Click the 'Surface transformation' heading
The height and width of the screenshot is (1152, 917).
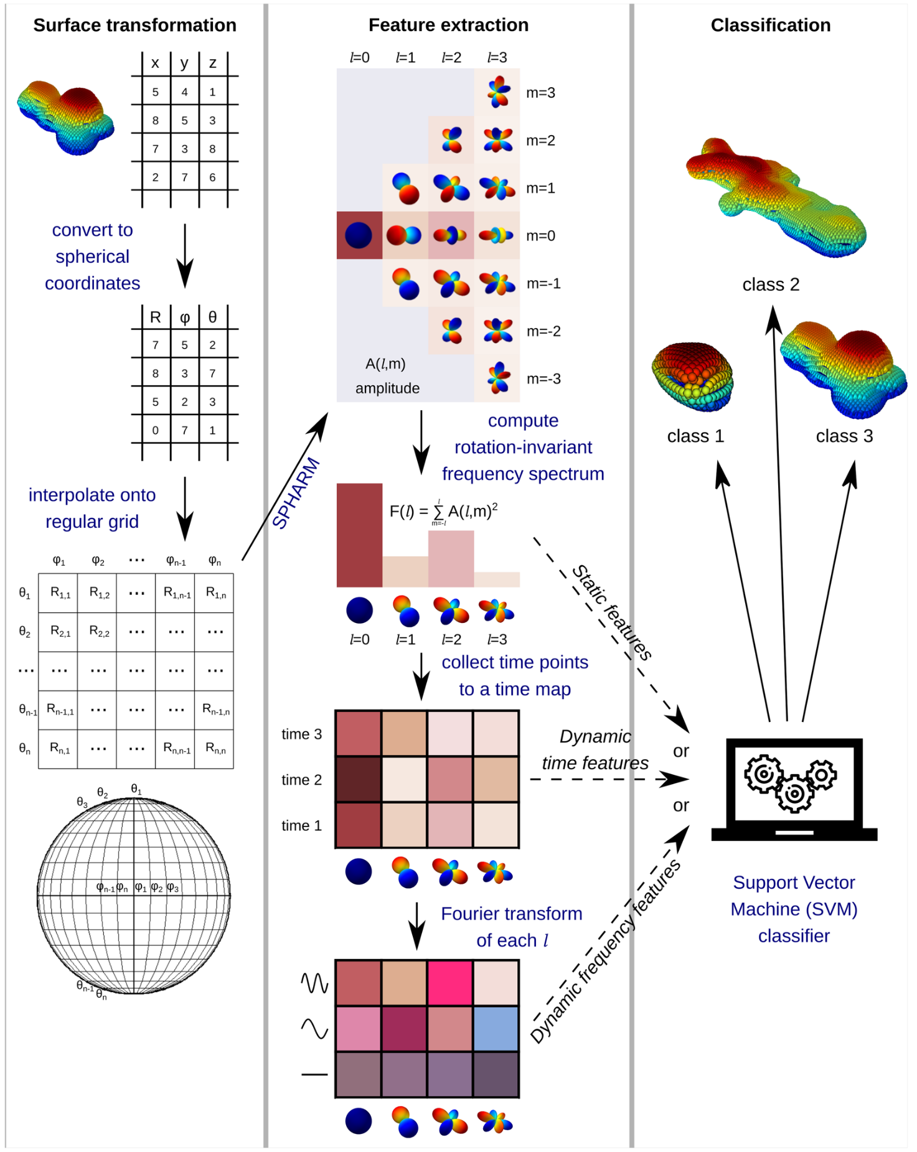click(x=134, y=25)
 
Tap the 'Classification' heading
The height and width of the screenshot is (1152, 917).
click(x=770, y=25)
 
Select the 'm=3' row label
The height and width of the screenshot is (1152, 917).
click(x=540, y=93)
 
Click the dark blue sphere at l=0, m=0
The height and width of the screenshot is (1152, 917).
click(x=359, y=235)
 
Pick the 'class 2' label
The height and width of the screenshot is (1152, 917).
click(x=770, y=284)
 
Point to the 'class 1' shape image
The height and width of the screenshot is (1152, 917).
click(x=692, y=376)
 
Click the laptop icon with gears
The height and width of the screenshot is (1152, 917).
click(x=794, y=789)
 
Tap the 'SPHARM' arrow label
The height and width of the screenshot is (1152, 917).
click(x=296, y=493)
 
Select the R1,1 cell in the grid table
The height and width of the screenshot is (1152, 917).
click(x=60, y=593)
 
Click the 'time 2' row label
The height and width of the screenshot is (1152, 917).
click(x=301, y=780)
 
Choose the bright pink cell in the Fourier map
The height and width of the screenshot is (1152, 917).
click(x=449, y=983)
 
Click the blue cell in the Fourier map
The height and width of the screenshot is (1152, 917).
click(x=496, y=1029)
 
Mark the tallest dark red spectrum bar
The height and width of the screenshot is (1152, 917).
click(x=359, y=535)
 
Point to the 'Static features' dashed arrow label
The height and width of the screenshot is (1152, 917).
click(x=611, y=612)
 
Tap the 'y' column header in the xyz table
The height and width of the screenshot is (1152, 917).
click(x=184, y=63)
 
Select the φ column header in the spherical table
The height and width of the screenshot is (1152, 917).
click(x=184, y=317)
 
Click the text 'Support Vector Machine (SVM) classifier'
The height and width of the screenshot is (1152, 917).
click(x=794, y=909)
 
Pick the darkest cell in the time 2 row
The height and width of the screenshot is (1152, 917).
click(x=359, y=779)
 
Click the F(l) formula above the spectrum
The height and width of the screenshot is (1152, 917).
click(x=443, y=512)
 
